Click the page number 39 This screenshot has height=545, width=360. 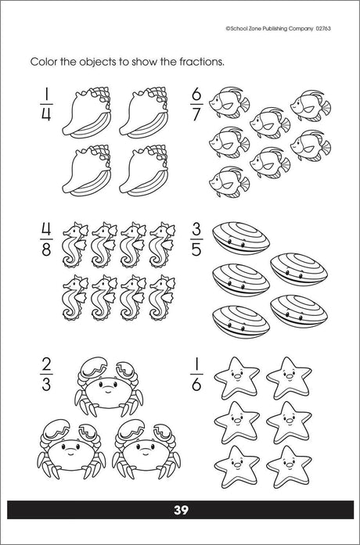(181, 510)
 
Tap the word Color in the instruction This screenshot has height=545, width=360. (44, 62)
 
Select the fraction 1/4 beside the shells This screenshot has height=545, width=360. (46, 104)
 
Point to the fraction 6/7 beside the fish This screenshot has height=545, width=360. (196, 104)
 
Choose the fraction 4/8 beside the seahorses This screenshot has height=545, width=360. (46, 239)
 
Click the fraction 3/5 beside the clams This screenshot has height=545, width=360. (196, 239)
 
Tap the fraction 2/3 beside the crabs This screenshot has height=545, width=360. (46, 375)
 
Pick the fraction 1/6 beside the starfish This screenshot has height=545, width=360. (196, 375)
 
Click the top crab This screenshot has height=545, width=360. (108, 386)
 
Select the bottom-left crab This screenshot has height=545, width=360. (71, 449)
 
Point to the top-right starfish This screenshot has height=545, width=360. (289, 378)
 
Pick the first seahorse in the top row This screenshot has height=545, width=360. (75, 245)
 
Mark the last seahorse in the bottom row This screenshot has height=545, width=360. (162, 298)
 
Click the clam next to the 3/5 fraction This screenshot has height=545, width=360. (241, 238)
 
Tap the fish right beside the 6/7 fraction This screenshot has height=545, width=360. (229, 102)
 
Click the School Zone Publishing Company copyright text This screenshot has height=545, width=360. (278, 29)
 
